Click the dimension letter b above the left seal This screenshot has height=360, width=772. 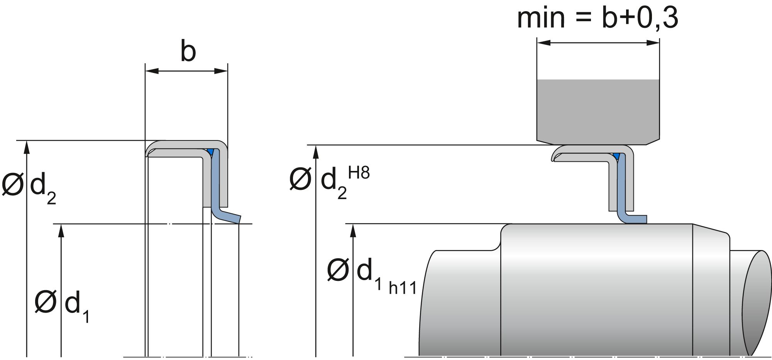188,52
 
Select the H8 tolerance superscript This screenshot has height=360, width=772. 359,173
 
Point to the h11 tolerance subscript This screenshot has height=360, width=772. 403,288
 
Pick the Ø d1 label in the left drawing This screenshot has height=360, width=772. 62,305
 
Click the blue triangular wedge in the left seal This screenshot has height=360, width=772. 210,151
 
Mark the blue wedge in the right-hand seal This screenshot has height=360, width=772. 616,156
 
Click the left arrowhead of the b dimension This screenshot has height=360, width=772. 151,71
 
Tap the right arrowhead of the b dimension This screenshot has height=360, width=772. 221,71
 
